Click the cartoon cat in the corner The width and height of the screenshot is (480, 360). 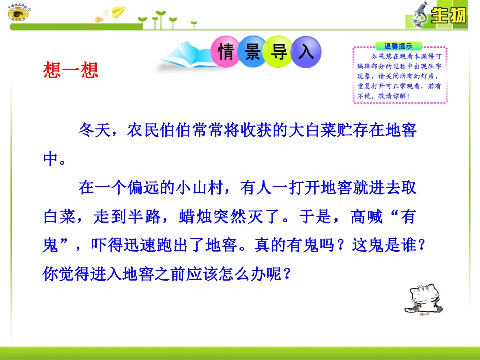tap(423, 300)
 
